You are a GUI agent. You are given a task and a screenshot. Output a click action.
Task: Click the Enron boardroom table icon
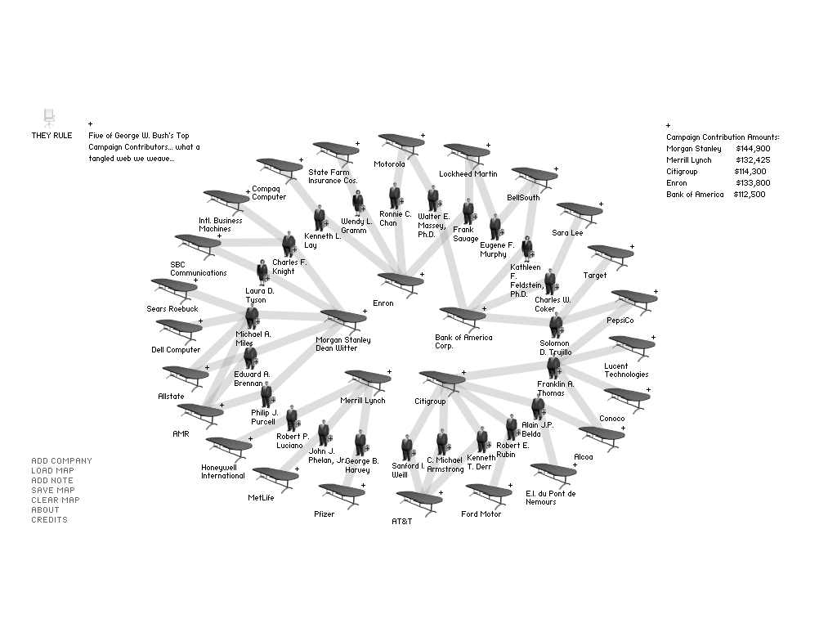pyautogui.click(x=401, y=280)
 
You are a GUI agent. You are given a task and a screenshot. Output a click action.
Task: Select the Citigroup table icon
pyautogui.click(x=441, y=379)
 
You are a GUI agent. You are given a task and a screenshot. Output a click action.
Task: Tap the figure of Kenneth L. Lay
pyautogui.click(x=319, y=218)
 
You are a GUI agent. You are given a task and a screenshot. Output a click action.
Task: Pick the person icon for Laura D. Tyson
pyautogui.click(x=262, y=271)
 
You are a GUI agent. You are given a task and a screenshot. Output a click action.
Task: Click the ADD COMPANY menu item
pyautogui.click(x=61, y=461)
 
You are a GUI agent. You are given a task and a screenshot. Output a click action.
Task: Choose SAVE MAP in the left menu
pyautogui.click(x=52, y=491)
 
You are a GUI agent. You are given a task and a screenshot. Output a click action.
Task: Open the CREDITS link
pyautogui.click(x=49, y=520)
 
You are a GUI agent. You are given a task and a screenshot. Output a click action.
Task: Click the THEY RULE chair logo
pyautogui.click(x=49, y=117)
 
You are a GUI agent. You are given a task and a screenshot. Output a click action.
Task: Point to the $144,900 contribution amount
pyautogui.click(x=752, y=149)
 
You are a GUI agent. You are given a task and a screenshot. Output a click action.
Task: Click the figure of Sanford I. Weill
pyautogui.click(x=406, y=447)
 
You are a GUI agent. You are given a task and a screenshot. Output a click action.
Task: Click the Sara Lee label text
pyautogui.click(x=567, y=233)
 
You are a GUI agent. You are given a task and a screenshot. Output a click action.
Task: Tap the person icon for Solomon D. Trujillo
pyautogui.click(x=555, y=325)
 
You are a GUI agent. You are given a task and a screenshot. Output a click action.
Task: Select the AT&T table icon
pyautogui.click(x=418, y=499)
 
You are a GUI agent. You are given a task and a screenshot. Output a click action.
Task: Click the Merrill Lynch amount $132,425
pyautogui.click(x=752, y=160)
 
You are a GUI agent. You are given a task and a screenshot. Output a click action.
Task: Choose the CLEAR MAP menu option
pyautogui.click(x=55, y=500)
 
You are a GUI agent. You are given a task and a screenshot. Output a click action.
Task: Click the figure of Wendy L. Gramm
pyautogui.click(x=357, y=203)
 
